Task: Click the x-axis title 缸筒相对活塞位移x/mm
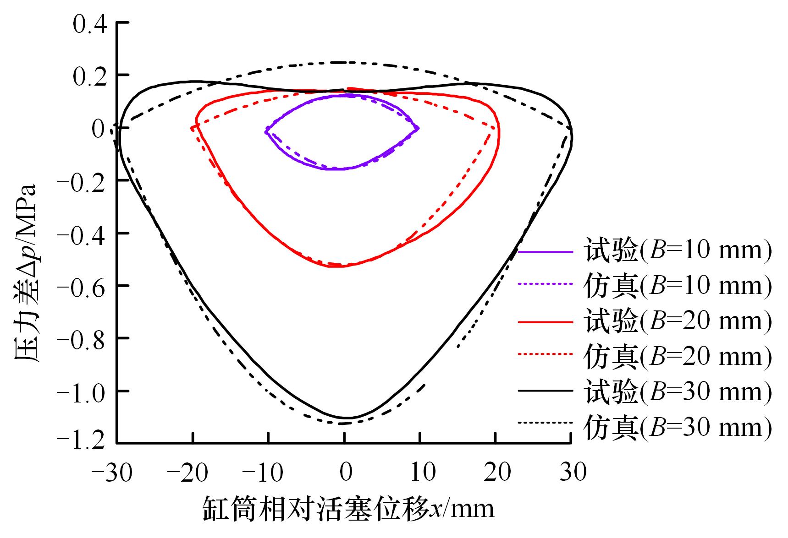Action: tap(348, 509)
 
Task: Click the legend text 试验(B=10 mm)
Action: tap(678, 250)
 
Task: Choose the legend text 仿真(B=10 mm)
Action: tap(678, 286)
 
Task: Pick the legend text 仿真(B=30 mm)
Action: tap(678, 427)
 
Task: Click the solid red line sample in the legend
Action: tap(546, 322)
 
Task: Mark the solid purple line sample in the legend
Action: tap(546, 251)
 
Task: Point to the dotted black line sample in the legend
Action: tap(546, 423)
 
